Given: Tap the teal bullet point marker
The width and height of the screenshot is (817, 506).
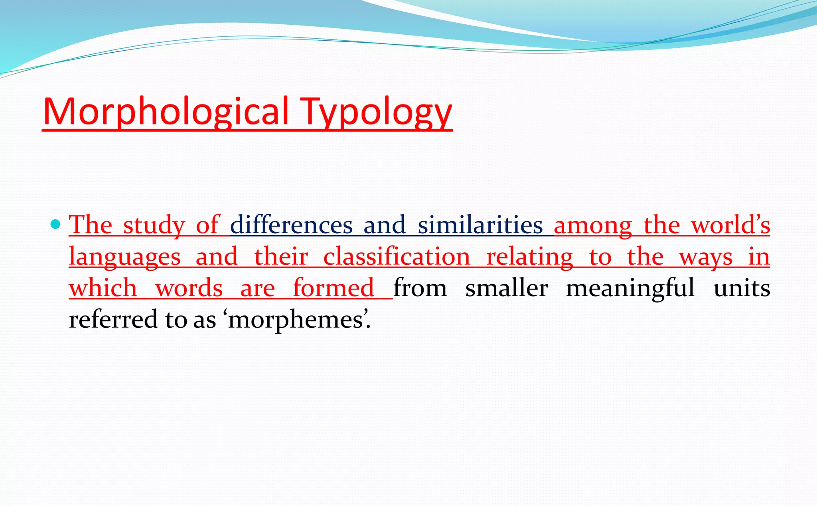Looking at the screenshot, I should [56, 224].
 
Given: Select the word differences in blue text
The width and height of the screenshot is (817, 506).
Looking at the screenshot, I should [291, 225].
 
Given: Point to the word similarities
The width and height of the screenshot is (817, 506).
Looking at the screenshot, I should [480, 225].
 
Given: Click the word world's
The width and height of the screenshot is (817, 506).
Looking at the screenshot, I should [730, 225].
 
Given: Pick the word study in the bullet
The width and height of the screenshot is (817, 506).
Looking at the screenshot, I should [154, 225].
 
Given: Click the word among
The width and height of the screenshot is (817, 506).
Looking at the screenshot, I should [593, 225].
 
